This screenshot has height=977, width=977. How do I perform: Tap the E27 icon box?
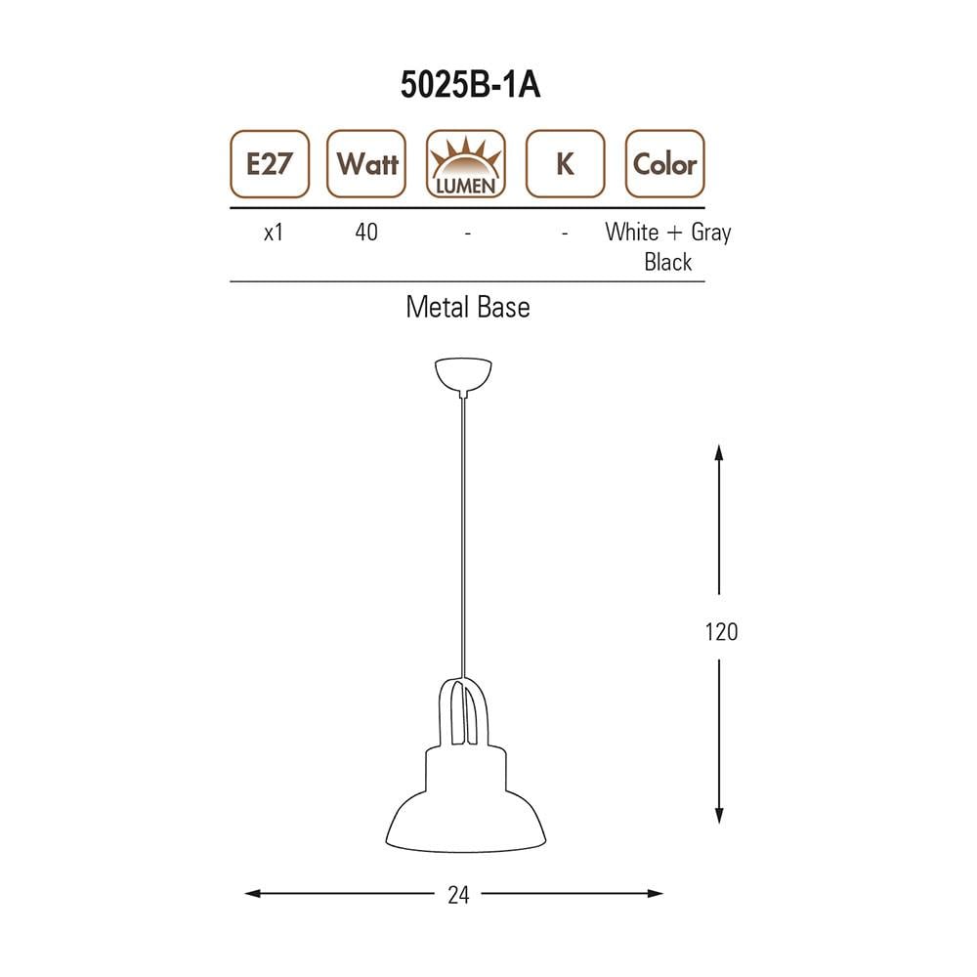[269, 164]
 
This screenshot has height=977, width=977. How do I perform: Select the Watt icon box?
[366, 164]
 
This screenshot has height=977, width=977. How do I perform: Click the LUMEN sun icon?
[466, 164]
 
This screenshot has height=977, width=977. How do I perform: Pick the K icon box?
[565, 164]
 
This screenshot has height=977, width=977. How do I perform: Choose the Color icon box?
[664, 164]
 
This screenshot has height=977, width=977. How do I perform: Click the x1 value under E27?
[274, 233]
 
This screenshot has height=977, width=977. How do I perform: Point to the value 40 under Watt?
[366, 233]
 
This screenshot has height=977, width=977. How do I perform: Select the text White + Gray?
[667, 233]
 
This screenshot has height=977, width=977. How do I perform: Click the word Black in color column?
[668, 262]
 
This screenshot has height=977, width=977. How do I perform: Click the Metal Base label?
[467, 308]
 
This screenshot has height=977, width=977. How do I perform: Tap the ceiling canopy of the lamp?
[463, 374]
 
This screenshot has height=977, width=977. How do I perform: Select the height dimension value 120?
[721, 631]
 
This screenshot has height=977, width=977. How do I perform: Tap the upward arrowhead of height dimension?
[719, 452]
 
